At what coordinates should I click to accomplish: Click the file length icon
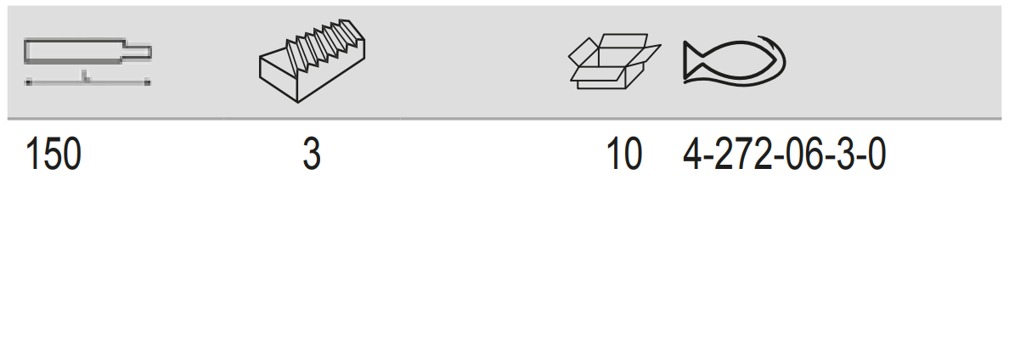[x=87, y=61]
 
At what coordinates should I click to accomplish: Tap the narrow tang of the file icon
[x=138, y=52]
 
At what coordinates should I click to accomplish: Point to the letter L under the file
[x=85, y=77]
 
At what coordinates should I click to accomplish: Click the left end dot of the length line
[x=28, y=82]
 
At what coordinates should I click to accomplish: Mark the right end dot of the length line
[x=148, y=82]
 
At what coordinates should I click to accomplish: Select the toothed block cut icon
[x=312, y=61]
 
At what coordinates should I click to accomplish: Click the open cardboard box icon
[x=615, y=61]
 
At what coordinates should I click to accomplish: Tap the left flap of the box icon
[x=583, y=52]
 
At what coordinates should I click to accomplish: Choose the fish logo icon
[x=734, y=61]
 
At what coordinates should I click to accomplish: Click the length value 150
[x=53, y=155]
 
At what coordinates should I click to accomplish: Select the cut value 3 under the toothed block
[x=312, y=155]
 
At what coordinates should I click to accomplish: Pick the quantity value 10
[x=624, y=155]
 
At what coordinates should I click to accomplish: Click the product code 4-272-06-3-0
[x=785, y=155]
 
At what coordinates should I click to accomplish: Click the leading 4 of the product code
[x=692, y=155]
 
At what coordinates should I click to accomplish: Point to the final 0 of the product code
[x=877, y=155]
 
